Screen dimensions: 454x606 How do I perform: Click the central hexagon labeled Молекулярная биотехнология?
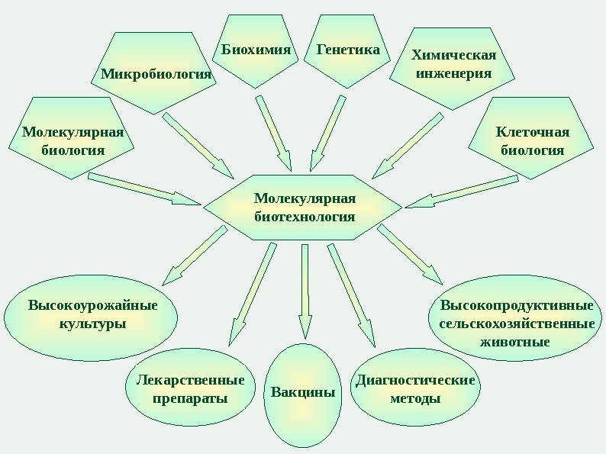pos(303,208)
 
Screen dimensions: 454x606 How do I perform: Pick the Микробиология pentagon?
pos(156,74)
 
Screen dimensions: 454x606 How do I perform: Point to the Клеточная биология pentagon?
pos(532,140)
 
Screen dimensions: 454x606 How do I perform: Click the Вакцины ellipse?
pos(304,394)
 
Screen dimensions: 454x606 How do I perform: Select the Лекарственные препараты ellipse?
pos(190,389)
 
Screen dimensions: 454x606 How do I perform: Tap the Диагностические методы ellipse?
pos(414,389)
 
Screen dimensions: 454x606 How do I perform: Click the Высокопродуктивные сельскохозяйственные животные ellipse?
pos(517,323)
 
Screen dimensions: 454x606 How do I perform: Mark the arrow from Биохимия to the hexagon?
pos(274,133)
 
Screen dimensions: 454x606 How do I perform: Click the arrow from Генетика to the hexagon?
pos(327,134)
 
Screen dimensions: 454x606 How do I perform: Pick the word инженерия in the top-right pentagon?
pos(453,75)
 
